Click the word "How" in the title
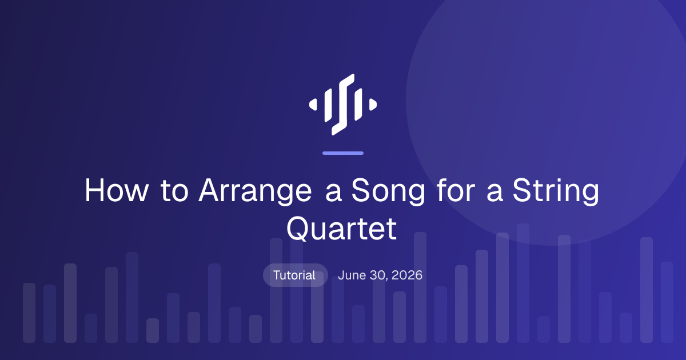(117, 190)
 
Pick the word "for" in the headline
(456, 190)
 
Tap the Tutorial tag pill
(295, 275)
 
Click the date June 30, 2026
(380, 275)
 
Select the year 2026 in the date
(407, 275)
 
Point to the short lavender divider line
(343, 153)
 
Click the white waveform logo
(343, 105)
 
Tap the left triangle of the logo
(313, 105)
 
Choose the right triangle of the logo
(373, 105)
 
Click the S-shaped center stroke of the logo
(343, 105)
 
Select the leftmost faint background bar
(29, 313)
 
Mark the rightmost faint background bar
(667, 302)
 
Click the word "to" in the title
(174, 190)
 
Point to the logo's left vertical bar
(328, 105)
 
